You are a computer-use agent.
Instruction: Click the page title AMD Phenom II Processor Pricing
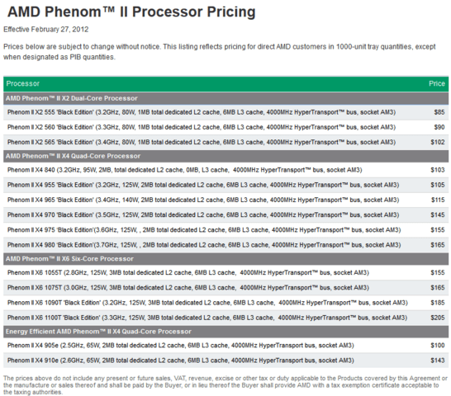(131, 12)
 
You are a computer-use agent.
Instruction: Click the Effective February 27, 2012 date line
(46, 30)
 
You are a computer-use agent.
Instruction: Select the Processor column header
(23, 83)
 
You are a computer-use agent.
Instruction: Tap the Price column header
(437, 83)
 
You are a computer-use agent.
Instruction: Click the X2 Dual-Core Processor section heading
(72, 98)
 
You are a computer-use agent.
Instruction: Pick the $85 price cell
(439, 112)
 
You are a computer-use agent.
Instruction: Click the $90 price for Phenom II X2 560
(439, 127)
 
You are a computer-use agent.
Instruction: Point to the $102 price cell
(438, 142)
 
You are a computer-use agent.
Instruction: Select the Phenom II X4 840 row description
(185, 170)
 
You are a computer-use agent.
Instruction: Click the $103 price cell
(438, 170)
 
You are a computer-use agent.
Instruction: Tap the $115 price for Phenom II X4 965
(438, 200)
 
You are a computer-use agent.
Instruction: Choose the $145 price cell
(438, 214)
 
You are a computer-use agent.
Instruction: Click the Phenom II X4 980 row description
(204, 245)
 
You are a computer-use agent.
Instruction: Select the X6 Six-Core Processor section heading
(69, 258)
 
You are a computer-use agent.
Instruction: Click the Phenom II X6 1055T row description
(188, 272)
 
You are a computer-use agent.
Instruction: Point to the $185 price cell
(438, 302)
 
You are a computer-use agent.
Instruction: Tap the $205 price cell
(438, 318)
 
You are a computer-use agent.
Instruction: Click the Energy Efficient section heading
(98, 332)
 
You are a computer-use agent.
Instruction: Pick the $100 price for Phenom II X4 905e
(438, 345)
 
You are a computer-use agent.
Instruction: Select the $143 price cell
(438, 360)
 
